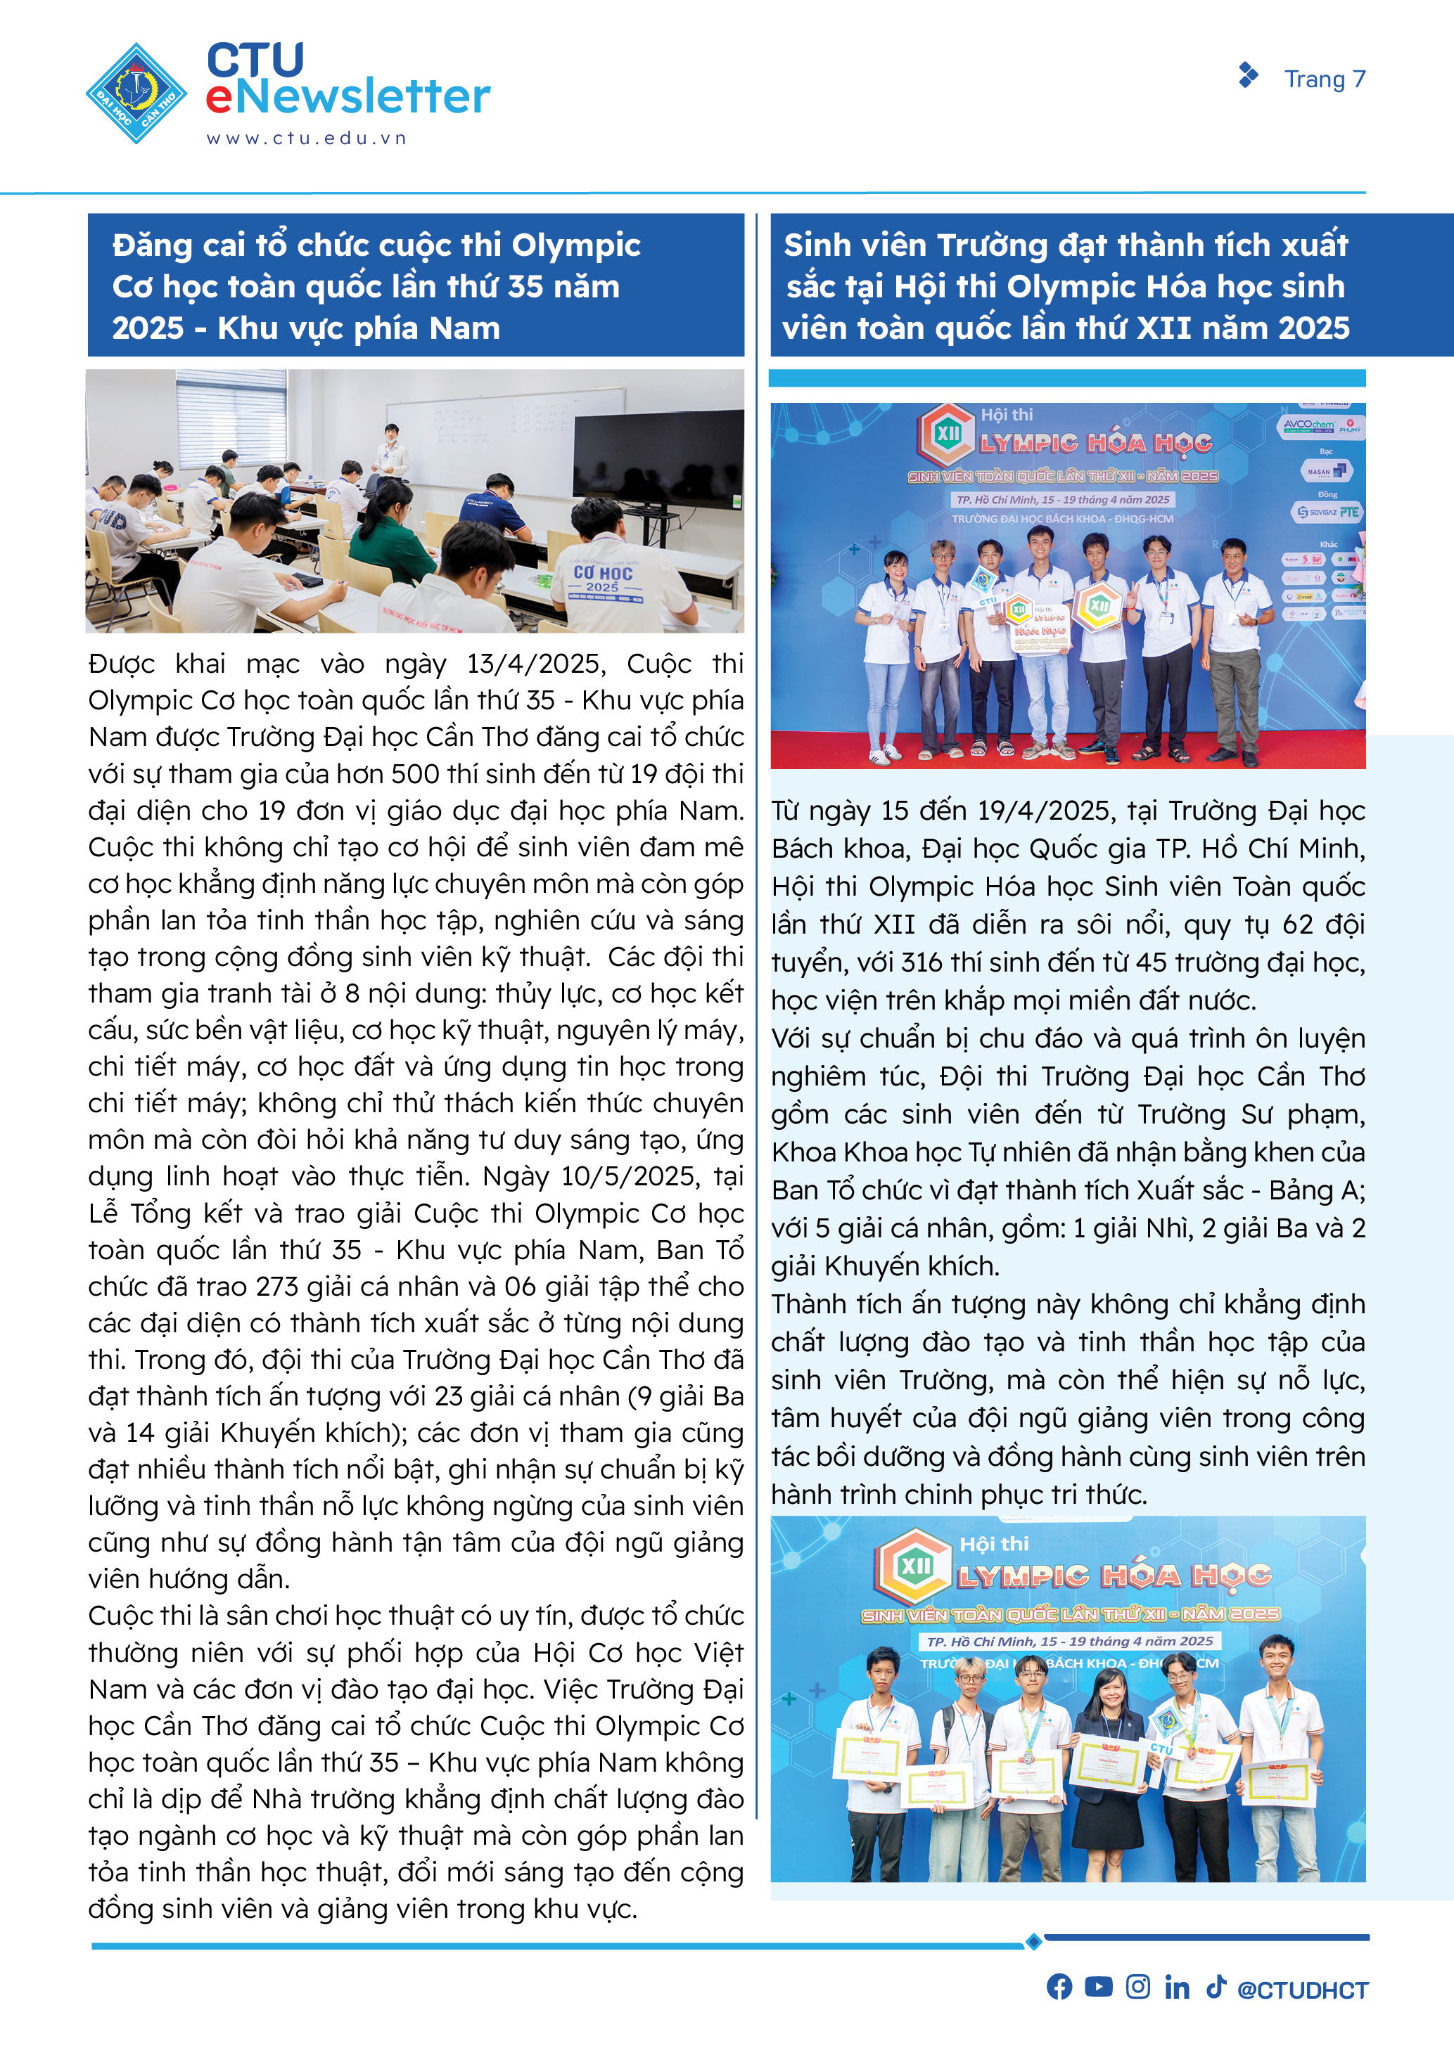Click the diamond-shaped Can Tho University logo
point(136,93)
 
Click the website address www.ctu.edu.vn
point(306,138)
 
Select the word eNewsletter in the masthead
point(347,96)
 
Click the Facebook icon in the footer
point(1059,1987)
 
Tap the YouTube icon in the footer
point(1099,1987)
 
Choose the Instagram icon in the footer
point(1138,1987)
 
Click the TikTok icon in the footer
point(1215,1987)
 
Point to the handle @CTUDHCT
point(1303,1990)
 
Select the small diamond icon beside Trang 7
point(1247,75)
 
